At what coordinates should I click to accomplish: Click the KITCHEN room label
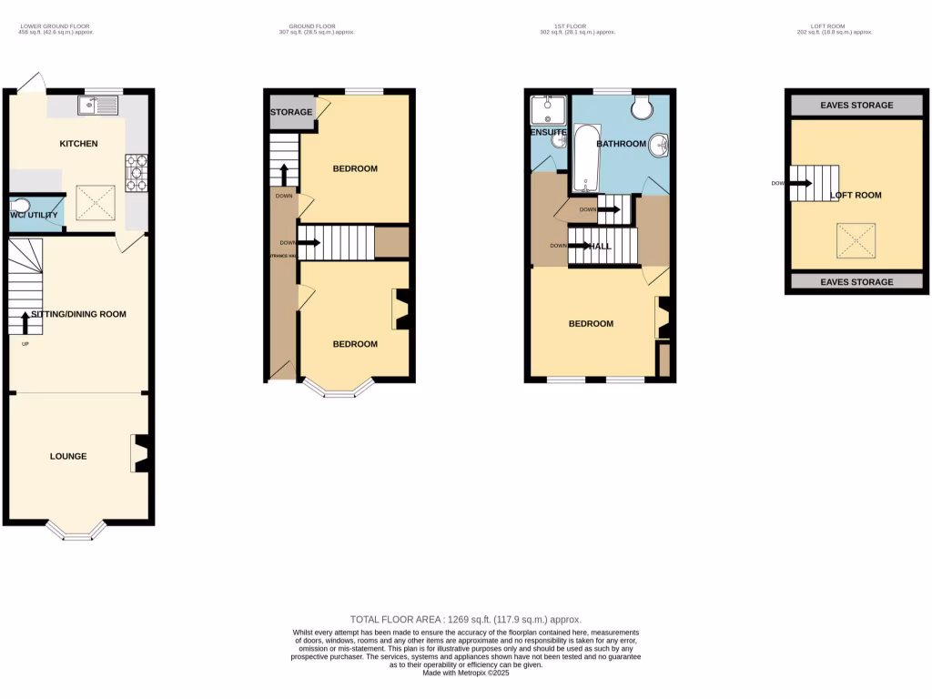78,144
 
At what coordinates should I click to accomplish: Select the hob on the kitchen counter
137,174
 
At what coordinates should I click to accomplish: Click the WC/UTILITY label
34,215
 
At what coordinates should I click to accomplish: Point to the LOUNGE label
68,456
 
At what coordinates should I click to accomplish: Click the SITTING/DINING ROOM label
78,314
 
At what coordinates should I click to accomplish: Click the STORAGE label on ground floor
291,112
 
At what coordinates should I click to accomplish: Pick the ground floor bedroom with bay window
354,344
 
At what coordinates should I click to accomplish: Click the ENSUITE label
549,133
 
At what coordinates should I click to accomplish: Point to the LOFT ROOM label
856,195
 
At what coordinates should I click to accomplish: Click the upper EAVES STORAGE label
856,105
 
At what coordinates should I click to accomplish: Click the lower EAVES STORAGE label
856,282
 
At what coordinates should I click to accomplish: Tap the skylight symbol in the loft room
853,241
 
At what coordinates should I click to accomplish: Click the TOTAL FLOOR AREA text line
465,619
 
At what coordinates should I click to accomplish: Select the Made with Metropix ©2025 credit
465,674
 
